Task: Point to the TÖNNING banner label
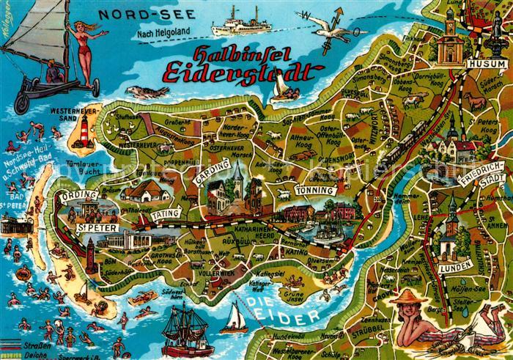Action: coord(314,191)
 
